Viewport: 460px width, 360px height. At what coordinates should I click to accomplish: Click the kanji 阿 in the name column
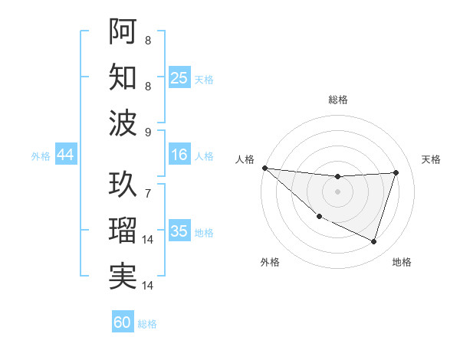[123, 31]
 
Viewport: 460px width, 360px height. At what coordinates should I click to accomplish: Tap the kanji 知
[123, 77]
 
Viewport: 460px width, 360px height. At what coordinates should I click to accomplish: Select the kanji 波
[123, 123]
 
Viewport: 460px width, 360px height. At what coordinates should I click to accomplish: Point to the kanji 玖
[123, 184]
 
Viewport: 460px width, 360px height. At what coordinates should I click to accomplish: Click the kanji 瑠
[123, 230]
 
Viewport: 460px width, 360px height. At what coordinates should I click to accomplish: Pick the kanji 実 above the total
[123, 276]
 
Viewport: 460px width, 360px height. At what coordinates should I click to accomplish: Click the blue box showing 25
[179, 78]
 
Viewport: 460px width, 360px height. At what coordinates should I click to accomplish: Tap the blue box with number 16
[179, 155]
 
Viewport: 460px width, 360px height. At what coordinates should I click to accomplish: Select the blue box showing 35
[179, 231]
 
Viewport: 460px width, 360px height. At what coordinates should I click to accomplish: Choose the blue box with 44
[65, 155]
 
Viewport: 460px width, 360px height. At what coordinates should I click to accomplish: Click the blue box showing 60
[123, 322]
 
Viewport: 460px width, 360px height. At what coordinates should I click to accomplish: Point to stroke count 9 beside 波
[148, 133]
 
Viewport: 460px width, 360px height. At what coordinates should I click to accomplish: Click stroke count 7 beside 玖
[148, 185]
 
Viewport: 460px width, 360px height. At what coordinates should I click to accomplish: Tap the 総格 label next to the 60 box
[147, 324]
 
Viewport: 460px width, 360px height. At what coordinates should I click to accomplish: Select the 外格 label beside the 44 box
[41, 156]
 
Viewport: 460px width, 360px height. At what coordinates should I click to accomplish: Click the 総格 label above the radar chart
[338, 100]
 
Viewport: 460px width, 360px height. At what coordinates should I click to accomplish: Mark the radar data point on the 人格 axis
[264, 168]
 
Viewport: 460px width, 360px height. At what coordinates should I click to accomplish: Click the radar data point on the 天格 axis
[396, 172]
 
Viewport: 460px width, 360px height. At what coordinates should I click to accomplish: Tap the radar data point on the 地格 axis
[373, 241]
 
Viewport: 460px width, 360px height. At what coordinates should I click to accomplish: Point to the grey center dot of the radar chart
[337, 191]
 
